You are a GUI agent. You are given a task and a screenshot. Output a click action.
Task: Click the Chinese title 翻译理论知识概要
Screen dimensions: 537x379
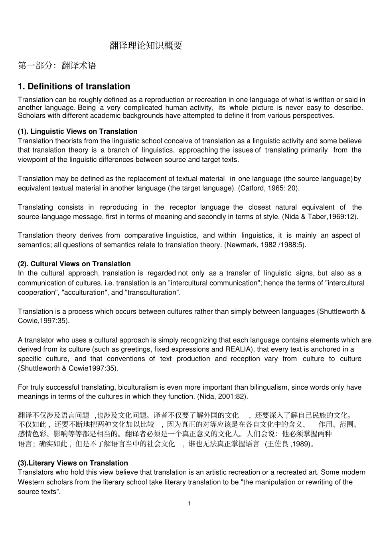point(146,46)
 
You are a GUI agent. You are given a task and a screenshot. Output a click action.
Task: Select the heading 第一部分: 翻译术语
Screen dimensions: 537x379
point(57,65)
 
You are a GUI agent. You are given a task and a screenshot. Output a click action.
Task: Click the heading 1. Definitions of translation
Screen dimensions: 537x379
point(74,86)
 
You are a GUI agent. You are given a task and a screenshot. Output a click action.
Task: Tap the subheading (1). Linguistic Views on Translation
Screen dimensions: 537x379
point(77,131)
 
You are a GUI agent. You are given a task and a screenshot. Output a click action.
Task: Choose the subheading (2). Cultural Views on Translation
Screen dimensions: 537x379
point(74,264)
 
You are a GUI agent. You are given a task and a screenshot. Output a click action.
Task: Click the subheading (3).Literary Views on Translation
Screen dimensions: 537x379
point(73,463)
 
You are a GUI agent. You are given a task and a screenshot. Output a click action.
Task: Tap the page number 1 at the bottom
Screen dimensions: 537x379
point(189,503)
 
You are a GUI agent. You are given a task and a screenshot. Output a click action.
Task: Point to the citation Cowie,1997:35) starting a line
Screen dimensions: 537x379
point(43,321)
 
